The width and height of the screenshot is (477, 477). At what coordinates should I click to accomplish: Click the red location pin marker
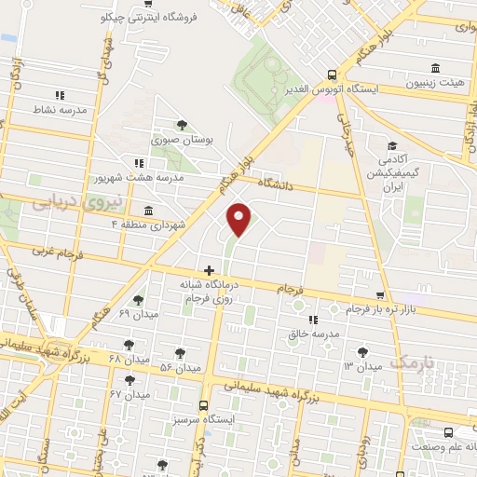click(x=240, y=218)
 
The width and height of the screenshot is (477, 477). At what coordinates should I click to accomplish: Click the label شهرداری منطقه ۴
click(x=150, y=225)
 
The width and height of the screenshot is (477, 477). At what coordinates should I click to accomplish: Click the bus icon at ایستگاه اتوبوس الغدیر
click(x=333, y=75)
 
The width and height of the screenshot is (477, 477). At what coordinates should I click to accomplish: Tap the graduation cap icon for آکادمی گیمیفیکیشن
click(x=392, y=145)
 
